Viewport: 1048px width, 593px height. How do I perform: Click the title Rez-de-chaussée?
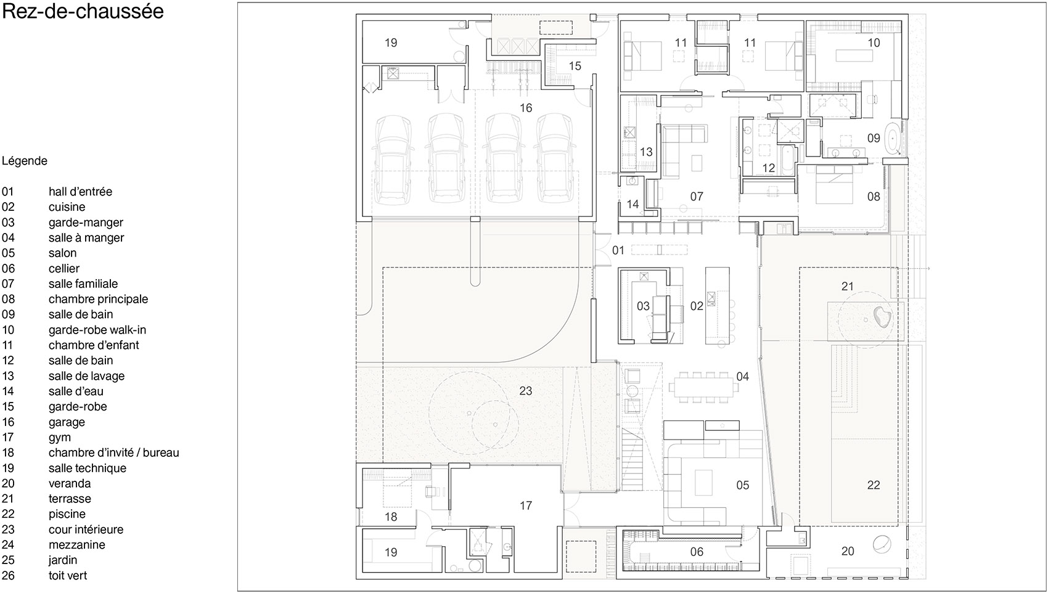point(83,11)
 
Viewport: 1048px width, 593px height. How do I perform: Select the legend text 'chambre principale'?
point(98,299)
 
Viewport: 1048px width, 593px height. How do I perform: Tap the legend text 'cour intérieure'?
point(86,530)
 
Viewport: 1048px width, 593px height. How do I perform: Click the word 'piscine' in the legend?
point(67,514)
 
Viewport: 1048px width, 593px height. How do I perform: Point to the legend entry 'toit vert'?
point(68,575)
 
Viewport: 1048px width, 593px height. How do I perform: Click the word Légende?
point(25,162)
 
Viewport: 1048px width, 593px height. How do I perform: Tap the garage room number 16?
point(526,108)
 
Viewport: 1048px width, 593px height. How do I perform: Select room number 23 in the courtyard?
point(525,391)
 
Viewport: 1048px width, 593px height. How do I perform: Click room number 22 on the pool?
point(874,486)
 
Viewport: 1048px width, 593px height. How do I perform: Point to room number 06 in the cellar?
point(697,552)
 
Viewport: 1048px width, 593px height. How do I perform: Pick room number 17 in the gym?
point(526,505)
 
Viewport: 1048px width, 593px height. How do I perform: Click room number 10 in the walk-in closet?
point(874,43)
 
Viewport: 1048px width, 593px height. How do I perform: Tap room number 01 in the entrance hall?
point(618,250)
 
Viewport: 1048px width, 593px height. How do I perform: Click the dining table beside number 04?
point(701,387)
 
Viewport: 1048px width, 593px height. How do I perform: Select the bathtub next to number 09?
point(894,139)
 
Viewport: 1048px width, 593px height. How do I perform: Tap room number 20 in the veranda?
point(848,551)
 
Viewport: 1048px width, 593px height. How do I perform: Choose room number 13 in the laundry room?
point(646,152)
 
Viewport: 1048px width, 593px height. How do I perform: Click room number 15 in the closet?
point(575,67)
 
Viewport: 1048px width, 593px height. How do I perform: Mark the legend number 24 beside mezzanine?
point(8,545)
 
